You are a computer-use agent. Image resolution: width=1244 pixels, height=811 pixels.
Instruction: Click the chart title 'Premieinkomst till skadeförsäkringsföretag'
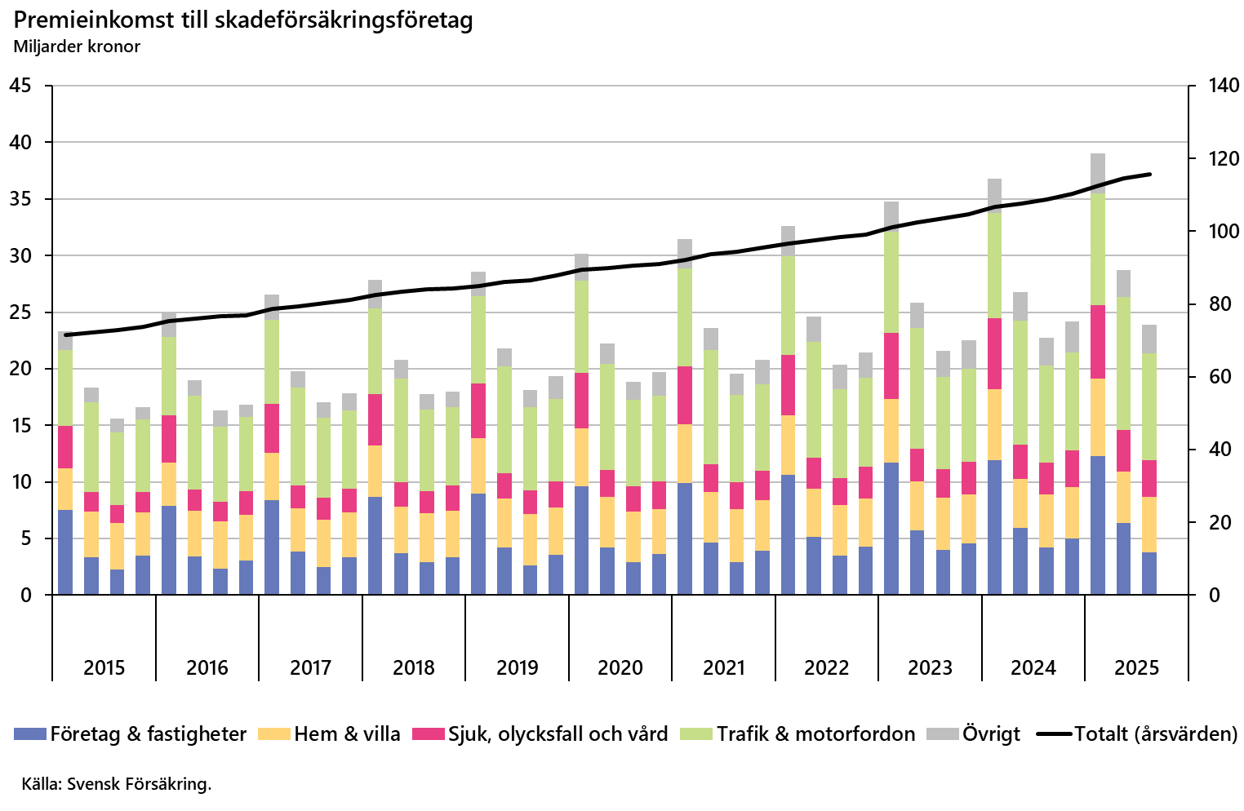243,20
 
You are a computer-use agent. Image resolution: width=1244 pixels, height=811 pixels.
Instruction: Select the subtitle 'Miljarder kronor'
77,47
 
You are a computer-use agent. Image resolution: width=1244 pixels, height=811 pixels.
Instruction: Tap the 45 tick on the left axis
21,86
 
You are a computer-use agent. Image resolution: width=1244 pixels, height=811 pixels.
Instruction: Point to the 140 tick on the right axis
1224,86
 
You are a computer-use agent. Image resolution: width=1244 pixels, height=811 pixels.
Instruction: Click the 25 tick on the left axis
21,312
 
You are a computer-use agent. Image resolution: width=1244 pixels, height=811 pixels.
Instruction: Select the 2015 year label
104,667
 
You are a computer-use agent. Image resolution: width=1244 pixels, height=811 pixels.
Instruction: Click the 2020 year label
620,667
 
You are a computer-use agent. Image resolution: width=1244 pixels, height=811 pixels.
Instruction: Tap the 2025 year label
1136,667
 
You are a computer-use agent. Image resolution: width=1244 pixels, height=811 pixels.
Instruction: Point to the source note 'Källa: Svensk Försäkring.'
117,784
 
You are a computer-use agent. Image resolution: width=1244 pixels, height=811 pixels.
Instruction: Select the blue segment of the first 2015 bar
65,552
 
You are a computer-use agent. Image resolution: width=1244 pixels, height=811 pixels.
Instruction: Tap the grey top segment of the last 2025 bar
1149,339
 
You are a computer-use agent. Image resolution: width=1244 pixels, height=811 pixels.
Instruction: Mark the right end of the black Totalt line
1149,174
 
